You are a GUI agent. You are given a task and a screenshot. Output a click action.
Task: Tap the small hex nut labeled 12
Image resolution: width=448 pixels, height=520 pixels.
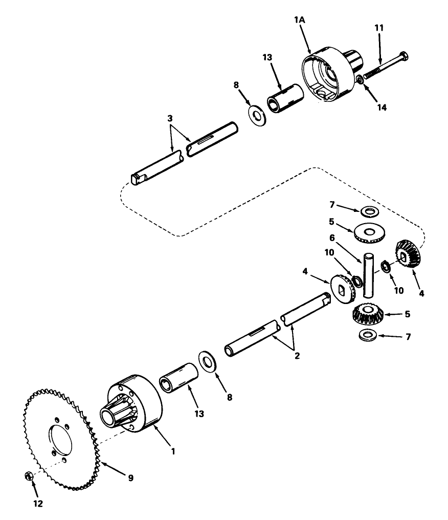29,476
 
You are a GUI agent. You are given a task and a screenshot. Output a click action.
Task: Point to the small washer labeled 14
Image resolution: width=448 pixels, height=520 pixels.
361,79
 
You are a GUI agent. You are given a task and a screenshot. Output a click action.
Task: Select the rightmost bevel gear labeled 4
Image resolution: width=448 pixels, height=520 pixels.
408,254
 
